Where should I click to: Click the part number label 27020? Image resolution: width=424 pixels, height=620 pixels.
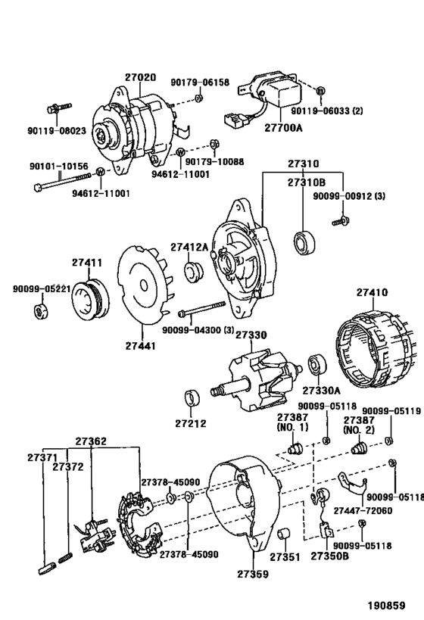(x=139, y=77)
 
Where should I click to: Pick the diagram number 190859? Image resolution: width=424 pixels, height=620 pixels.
(x=387, y=606)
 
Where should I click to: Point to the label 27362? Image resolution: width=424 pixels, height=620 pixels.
(x=91, y=441)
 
